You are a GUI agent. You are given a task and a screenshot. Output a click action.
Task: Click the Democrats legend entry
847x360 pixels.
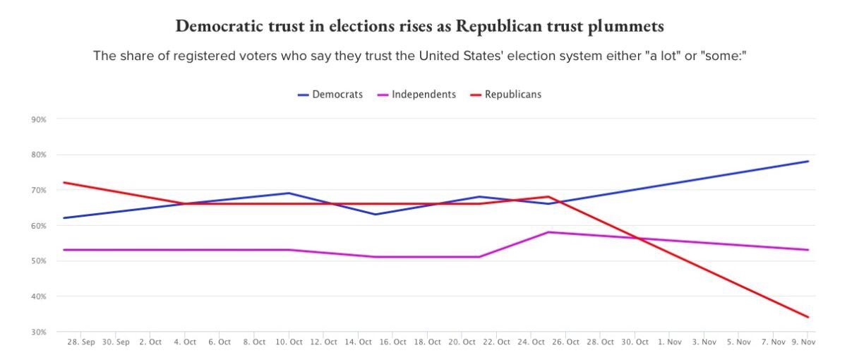[330, 95]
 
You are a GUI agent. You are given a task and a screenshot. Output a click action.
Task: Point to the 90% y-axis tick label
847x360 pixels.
[39, 120]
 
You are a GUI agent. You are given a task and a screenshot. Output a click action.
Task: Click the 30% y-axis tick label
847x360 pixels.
[39, 332]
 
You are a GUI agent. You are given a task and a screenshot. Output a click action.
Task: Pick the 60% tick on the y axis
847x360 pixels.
[39, 226]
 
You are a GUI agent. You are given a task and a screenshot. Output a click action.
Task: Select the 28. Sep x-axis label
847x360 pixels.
[80, 342]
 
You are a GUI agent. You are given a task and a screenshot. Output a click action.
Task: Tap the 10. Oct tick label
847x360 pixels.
[288, 342]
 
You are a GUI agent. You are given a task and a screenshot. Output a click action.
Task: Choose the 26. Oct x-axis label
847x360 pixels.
[566, 342]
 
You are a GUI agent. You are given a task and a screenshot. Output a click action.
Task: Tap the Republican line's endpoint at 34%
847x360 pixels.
[808, 317]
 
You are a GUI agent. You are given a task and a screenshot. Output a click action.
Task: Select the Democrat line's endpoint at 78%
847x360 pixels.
[808, 162]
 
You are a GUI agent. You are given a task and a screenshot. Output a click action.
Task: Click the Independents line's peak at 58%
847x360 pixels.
[548, 232]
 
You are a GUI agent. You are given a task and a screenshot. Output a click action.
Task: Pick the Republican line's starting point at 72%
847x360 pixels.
[64, 183]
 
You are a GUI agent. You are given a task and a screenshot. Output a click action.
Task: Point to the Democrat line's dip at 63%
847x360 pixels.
[375, 215]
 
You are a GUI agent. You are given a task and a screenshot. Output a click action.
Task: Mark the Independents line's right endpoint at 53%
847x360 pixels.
[808, 250]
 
